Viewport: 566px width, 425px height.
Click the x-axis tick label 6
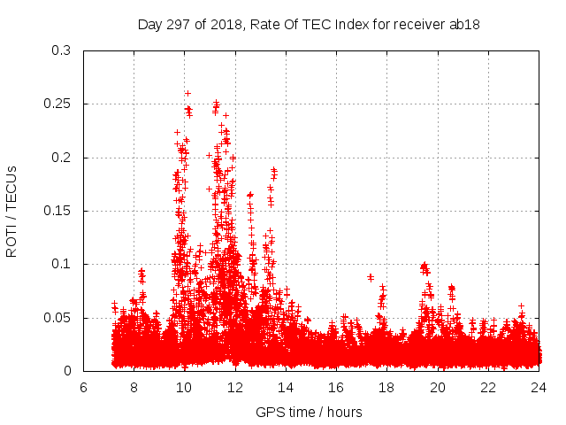(83, 388)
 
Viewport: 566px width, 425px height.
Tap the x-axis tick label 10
(184, 388)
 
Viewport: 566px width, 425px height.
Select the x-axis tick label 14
(286, 388)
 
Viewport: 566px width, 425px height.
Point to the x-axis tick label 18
(386, 388)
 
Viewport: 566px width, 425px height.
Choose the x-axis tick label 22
(487, 388)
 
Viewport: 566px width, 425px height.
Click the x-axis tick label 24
(538, 388)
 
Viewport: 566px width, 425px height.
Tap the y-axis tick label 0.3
(61, 50)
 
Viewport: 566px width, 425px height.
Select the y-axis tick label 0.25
(57, 104)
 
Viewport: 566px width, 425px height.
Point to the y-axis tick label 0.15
(57, 211)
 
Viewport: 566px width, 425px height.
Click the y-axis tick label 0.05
(57, 318)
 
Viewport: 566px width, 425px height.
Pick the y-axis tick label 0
(67, 371)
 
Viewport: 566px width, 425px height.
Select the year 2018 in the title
(225, 24)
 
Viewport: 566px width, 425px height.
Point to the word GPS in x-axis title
(269, 412)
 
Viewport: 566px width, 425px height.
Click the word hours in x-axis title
(343, 412)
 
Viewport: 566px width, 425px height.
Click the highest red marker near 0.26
(187, 93)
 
